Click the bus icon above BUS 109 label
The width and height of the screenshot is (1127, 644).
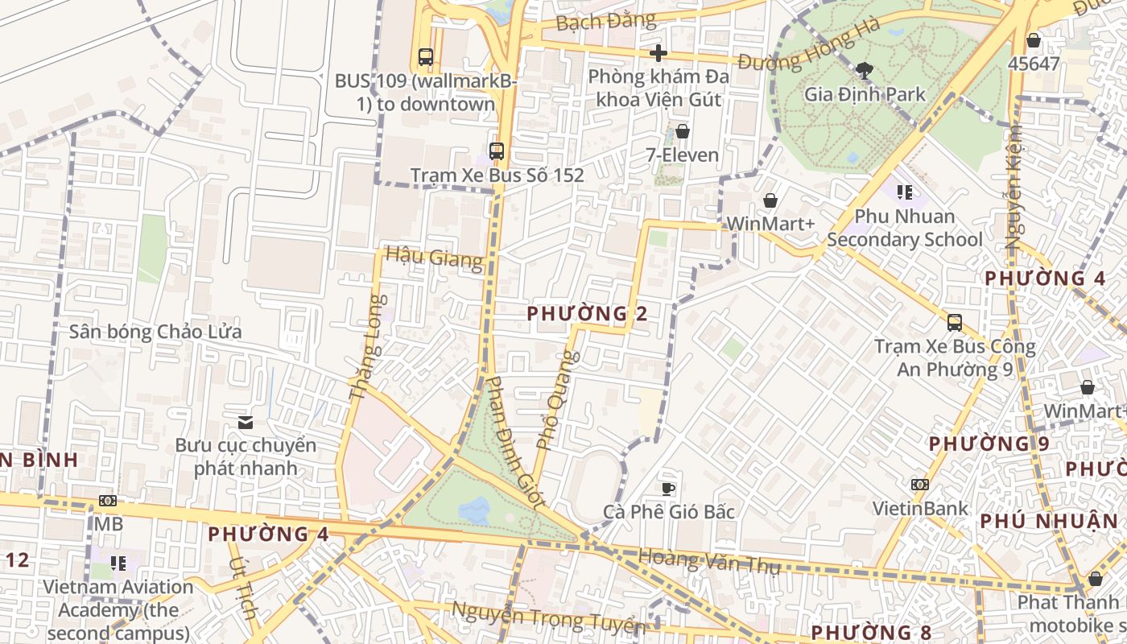(x=426, y=57)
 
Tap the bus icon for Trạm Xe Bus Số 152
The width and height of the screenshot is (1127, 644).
(x=497, y=151)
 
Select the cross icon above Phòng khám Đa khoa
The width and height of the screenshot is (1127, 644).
(x=658, y=53)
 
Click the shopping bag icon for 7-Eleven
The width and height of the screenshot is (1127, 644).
(x=683, y=131)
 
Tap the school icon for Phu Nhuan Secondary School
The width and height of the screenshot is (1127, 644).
(x=904, y=192)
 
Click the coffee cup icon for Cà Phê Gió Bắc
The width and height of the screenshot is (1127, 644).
(x=668, y=488)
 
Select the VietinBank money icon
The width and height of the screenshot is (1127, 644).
(x=920, y=485)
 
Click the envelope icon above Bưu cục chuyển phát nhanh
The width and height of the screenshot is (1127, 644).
(x=246, y=422)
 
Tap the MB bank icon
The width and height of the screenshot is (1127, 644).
(x=108, y=501)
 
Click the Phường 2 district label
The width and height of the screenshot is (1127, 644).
(x=587, y=314)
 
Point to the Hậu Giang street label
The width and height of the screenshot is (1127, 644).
(x=434, y=258)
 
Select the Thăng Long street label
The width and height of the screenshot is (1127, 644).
(x=367, y=348)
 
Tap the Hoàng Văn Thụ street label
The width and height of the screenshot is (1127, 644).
(x=708, y=560)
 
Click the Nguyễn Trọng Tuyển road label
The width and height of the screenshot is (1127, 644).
(x=547, y=617)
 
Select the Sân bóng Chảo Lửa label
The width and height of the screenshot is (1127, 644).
(x=155, y=332)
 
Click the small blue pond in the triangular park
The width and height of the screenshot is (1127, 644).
(x=474, y=509)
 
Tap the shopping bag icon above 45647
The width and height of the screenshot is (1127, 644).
(x=1034, y=39)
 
